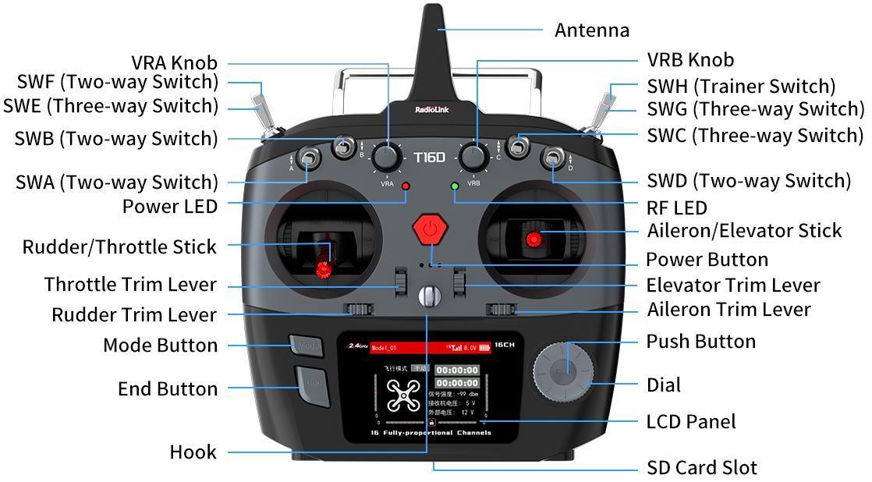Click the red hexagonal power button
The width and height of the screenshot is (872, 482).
click(x=429, y=230)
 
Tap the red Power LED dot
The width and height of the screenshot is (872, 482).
click(x=406, y=186)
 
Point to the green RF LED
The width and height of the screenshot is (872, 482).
click(x=455, y=186)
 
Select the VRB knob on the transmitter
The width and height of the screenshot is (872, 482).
click(x=473, y=157)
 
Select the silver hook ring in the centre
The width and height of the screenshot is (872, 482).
click(x=429, y=296)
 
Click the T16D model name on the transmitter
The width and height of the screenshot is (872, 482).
click(x=429, y=157)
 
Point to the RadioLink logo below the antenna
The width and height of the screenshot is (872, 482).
click(x=428, y=109)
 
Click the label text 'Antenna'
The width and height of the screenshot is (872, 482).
click(x=591, y=30)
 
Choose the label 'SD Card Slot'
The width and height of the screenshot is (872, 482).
click(x=701, y=468)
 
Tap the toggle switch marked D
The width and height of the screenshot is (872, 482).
click(x=552, y=159)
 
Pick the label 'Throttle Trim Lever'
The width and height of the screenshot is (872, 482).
click(x=130, y=284)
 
